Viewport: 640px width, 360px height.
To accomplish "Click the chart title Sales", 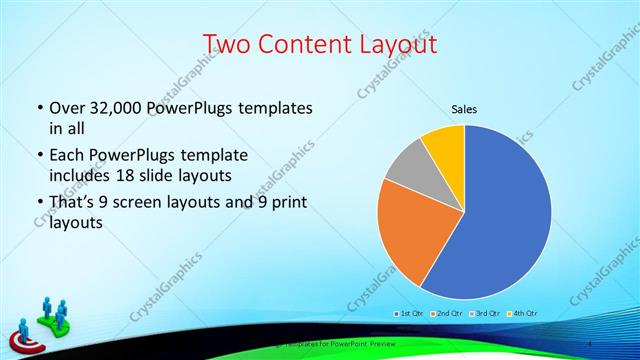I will click(464, 109).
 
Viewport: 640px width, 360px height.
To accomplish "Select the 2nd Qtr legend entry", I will click(446, 313).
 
